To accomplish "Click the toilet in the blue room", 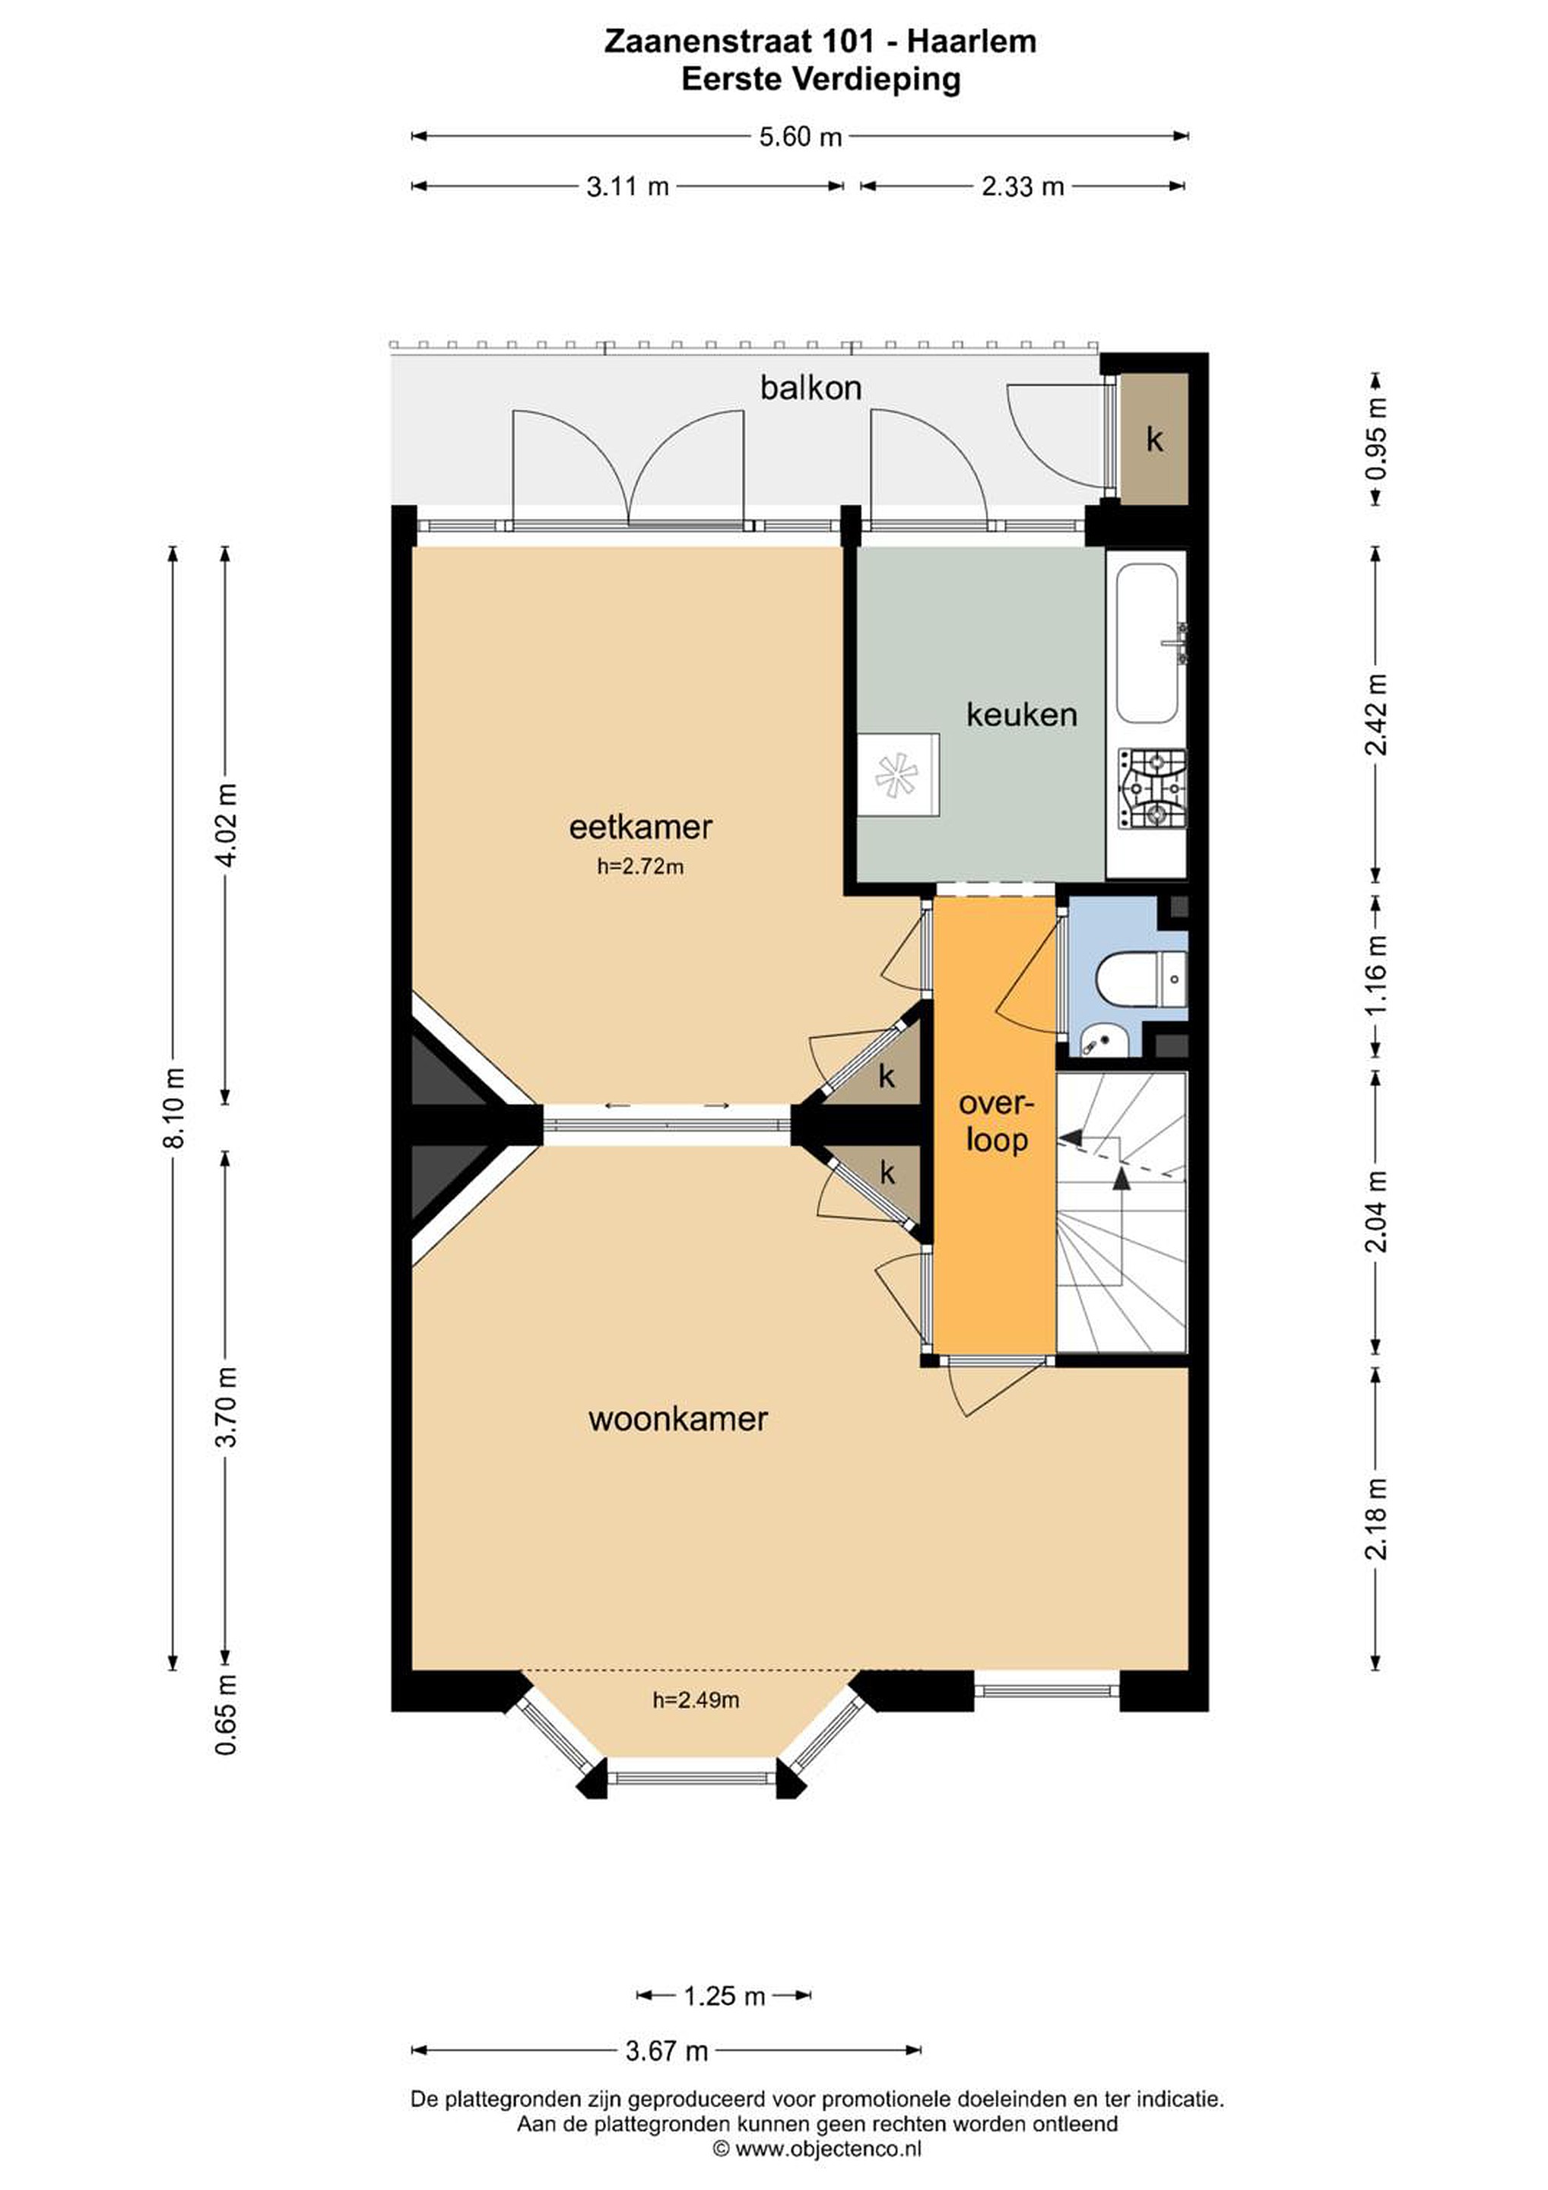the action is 1140,978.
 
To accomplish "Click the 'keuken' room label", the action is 1022,715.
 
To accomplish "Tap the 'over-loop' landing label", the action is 996,1122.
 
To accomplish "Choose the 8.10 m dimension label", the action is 176,1106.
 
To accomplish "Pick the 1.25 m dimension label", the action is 724,1995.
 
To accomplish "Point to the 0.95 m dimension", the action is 1375,440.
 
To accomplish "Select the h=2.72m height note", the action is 640,866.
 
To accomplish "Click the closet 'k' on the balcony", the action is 1154,440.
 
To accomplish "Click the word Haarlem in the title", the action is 971,41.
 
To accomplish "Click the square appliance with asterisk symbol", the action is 897,775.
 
